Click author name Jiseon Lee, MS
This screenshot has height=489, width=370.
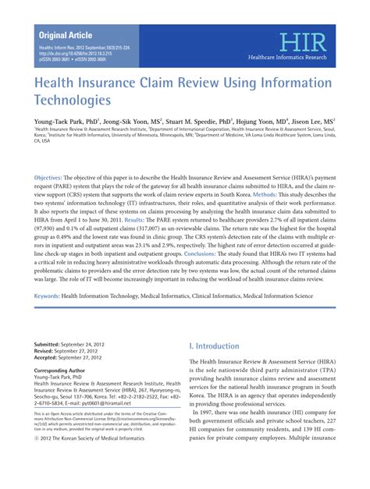coord(308,122)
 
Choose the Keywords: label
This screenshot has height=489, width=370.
coord(54,296)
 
